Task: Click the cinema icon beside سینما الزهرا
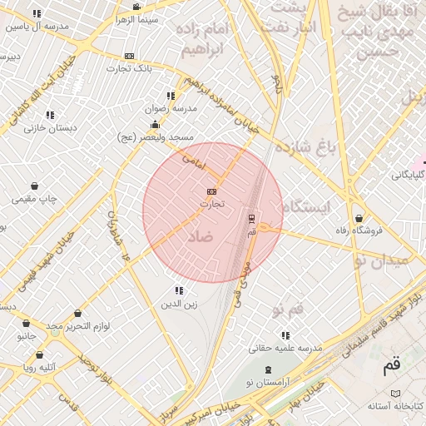tap(136, 7)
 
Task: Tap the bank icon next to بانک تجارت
tap(128, 56)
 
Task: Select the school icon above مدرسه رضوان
tap(171, 97)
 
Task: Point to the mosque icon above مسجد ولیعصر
tap(155, 125)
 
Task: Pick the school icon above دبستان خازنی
tap(50, 115)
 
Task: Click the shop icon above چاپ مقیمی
tap(34, 186)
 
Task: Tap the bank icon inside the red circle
tap(211, 191)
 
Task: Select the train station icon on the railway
tap(252, 219)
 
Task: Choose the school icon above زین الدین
tap(179, 290)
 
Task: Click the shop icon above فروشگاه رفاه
tap(359, 218)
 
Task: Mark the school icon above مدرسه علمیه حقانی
tap(286, 335)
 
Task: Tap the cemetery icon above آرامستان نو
tap(268, 369)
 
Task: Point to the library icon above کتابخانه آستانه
tap(395, 394)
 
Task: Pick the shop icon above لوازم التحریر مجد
tap(78, 314)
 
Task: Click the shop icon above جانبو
tap(27, 324)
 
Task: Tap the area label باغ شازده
tap(311, 149)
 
